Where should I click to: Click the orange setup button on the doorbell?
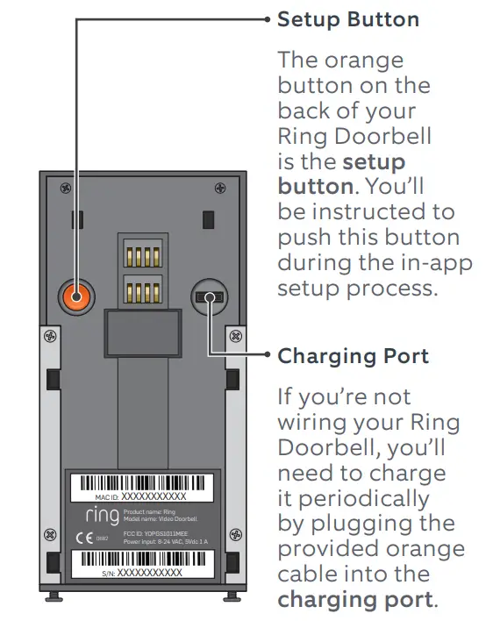75,297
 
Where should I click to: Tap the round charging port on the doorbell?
209,297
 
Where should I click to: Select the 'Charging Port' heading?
353,356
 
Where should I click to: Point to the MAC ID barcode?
144,483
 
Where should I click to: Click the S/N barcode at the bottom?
144,557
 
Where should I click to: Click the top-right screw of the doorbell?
231,187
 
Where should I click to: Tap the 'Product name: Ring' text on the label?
150,511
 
